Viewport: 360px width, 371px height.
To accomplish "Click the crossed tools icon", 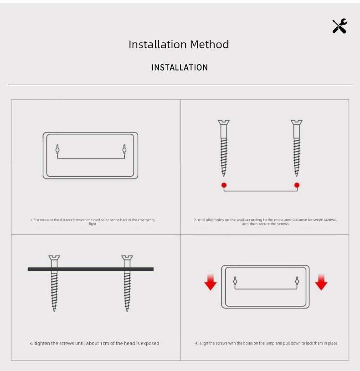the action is click(x=340, y=26).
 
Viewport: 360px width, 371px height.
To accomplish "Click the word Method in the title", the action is click(x=209, y=45).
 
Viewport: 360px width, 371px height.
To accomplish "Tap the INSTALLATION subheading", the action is click(x=180, y=67).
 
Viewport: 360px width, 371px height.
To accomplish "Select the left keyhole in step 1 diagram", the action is click(x=57, y=149).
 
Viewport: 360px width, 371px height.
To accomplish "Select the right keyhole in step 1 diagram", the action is click(x=124, y=149).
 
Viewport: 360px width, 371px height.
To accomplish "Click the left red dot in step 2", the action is click(x=224, y=185).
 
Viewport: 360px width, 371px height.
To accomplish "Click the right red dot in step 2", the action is click(x=297, y=185).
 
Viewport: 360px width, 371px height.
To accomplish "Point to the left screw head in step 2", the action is click(x=224, y=122).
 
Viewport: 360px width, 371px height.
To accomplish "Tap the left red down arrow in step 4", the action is click(x=211, y=282).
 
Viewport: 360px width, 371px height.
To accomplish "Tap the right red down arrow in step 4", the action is click(x=321, y=282).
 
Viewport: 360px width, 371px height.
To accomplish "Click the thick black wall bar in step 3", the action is click(x=91, y=269).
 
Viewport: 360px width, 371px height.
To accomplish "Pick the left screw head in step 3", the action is click(x=54, y=258).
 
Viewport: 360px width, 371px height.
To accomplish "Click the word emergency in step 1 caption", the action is click(x=146, y=220).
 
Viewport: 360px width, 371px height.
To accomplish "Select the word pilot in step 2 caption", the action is click(x=209, y=220).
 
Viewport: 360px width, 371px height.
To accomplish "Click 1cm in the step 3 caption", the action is click(x=104, y=343).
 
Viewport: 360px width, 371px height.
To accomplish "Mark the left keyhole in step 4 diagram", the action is click(x=235, y=281).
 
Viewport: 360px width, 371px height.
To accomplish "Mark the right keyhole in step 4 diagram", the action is click(x=297, y=281).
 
